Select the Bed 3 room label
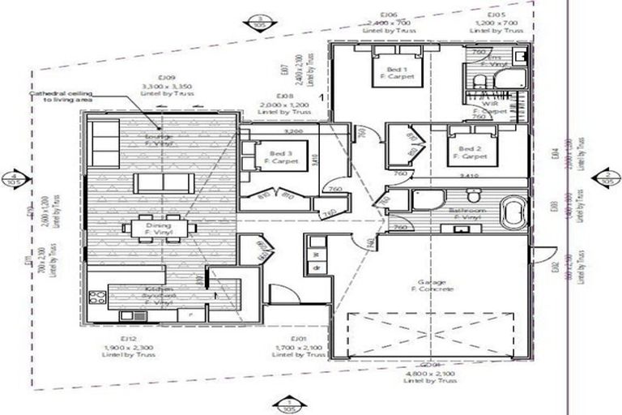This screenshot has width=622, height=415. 280,156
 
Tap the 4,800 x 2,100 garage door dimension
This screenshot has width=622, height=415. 428,373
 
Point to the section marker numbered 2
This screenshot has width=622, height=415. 607,178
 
